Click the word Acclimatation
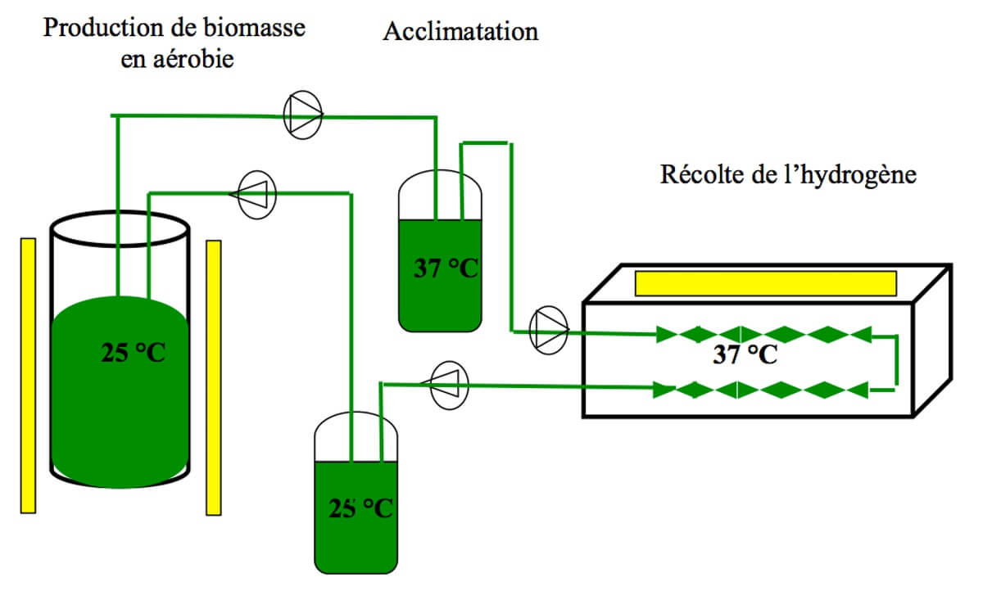460,32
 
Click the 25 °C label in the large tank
134,354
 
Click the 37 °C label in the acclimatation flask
445,268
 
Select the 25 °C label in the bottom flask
360,508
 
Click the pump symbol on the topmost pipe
304,116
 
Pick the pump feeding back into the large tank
256,194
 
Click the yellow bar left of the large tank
29,375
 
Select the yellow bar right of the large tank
214,377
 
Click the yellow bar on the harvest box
765,283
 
